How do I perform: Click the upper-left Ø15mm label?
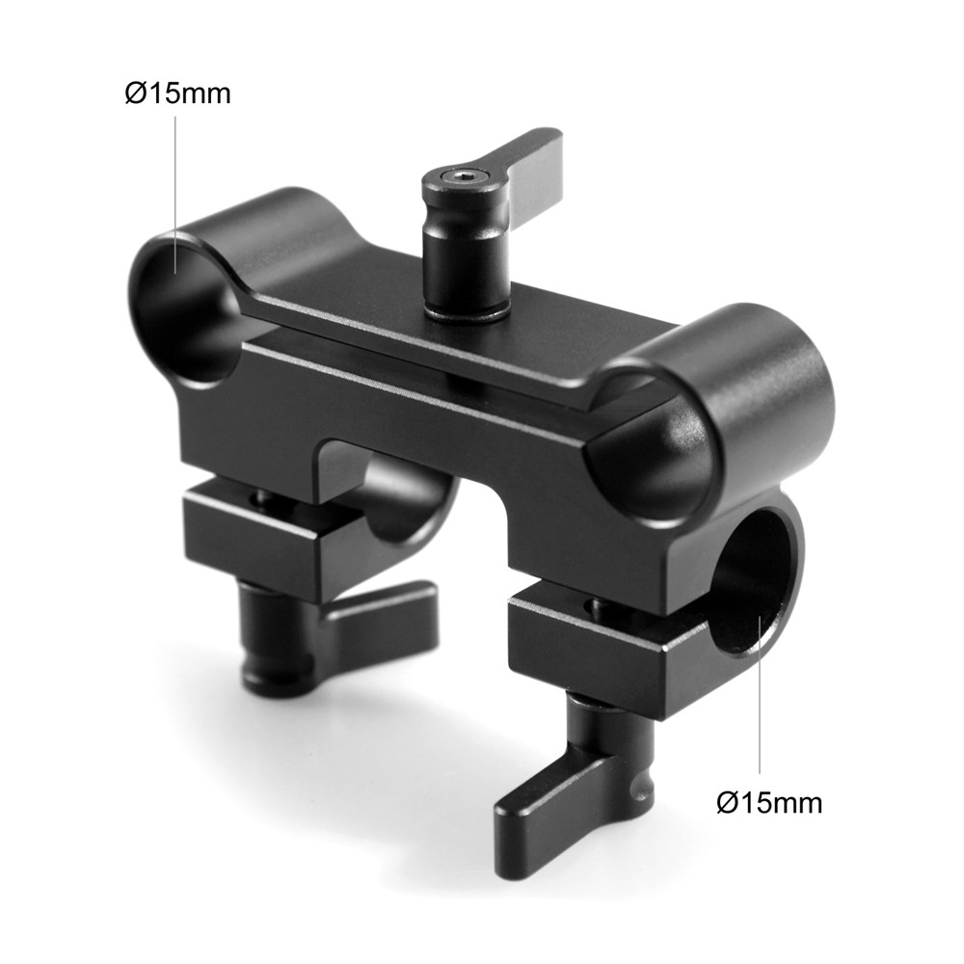click(178, 94)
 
